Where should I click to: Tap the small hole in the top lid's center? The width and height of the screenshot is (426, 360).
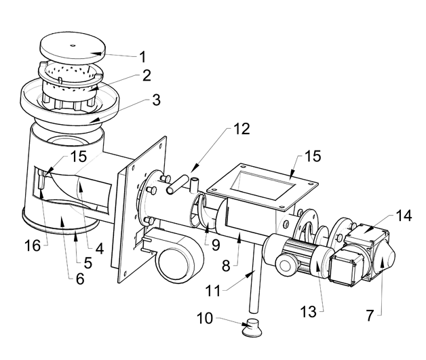[73, 45]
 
